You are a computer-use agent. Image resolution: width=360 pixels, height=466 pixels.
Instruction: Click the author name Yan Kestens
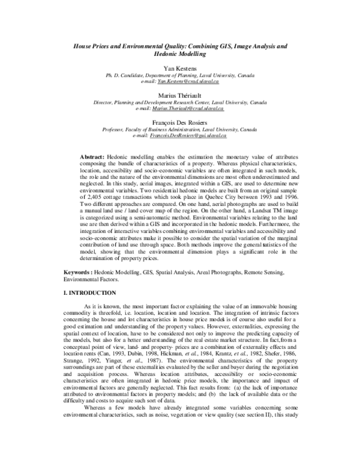coord(180,69)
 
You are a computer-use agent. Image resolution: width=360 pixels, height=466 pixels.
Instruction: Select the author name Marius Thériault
coord(180,95)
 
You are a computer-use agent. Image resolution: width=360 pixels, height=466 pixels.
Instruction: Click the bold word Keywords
coord(79,272)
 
